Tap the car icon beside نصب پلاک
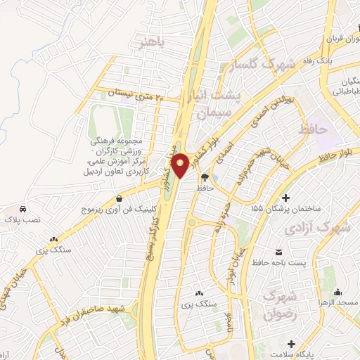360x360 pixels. (x=23, y=210)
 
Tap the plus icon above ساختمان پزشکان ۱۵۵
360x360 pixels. (x=285, y=196)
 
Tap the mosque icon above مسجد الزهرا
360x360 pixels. (x=338, y=291)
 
